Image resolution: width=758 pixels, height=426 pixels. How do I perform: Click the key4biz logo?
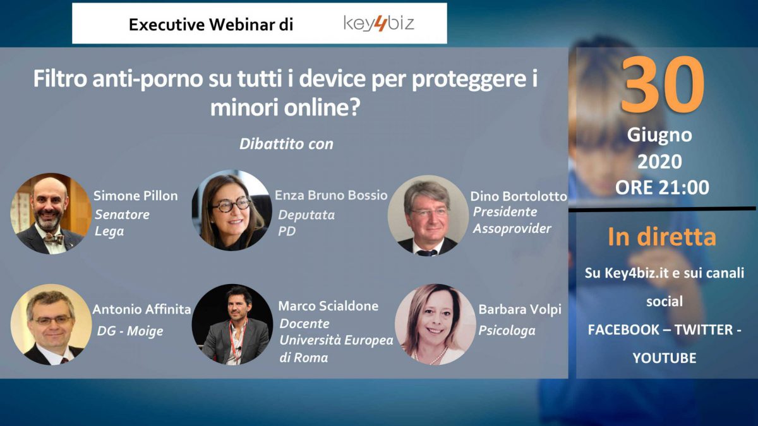(378, 23)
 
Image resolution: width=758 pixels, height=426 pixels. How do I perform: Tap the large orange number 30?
(662, 85)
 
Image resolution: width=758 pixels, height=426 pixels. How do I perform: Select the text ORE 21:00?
(662, 187)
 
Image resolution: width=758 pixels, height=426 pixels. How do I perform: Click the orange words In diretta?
(662, 237)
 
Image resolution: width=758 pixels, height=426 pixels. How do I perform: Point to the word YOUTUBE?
(665, 358)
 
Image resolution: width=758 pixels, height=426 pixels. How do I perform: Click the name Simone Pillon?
(135, 196)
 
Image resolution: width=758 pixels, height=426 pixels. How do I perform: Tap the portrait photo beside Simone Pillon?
(51, 214)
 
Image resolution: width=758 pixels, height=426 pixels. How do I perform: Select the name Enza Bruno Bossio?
(331, 195)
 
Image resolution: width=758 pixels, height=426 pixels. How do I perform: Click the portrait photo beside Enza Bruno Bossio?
(232, 210)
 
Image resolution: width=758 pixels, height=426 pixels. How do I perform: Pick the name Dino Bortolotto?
(519, 196)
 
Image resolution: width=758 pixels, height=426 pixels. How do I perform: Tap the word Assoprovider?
(512, 228)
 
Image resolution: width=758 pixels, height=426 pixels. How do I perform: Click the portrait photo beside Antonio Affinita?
(51, 324)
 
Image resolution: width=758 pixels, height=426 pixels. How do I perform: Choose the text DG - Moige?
(130, 331)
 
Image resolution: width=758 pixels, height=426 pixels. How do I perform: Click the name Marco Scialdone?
(328, 306)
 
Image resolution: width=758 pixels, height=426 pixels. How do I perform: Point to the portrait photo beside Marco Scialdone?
(232, 324)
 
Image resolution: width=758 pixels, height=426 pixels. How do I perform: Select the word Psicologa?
(507, 330)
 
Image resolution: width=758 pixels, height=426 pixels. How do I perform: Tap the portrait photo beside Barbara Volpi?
(435, 324)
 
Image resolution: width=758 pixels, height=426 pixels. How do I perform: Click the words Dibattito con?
(286, 144)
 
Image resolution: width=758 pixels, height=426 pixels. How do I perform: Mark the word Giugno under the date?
(659, 135)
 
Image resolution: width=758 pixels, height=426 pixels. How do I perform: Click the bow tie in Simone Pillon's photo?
(54, 239)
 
